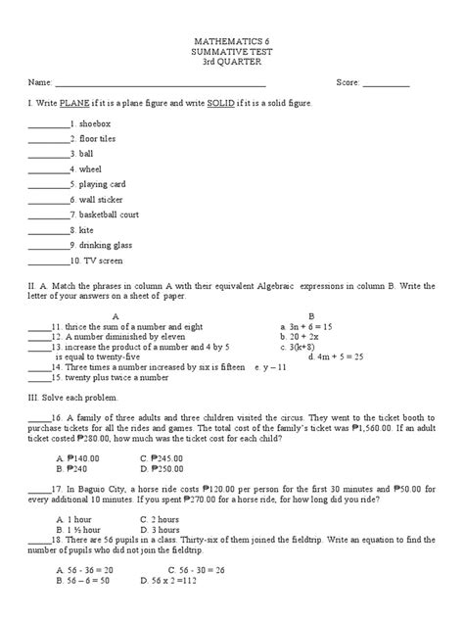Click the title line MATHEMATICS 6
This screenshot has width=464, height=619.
[231, 45]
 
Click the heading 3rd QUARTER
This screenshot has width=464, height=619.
[231, 65]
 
